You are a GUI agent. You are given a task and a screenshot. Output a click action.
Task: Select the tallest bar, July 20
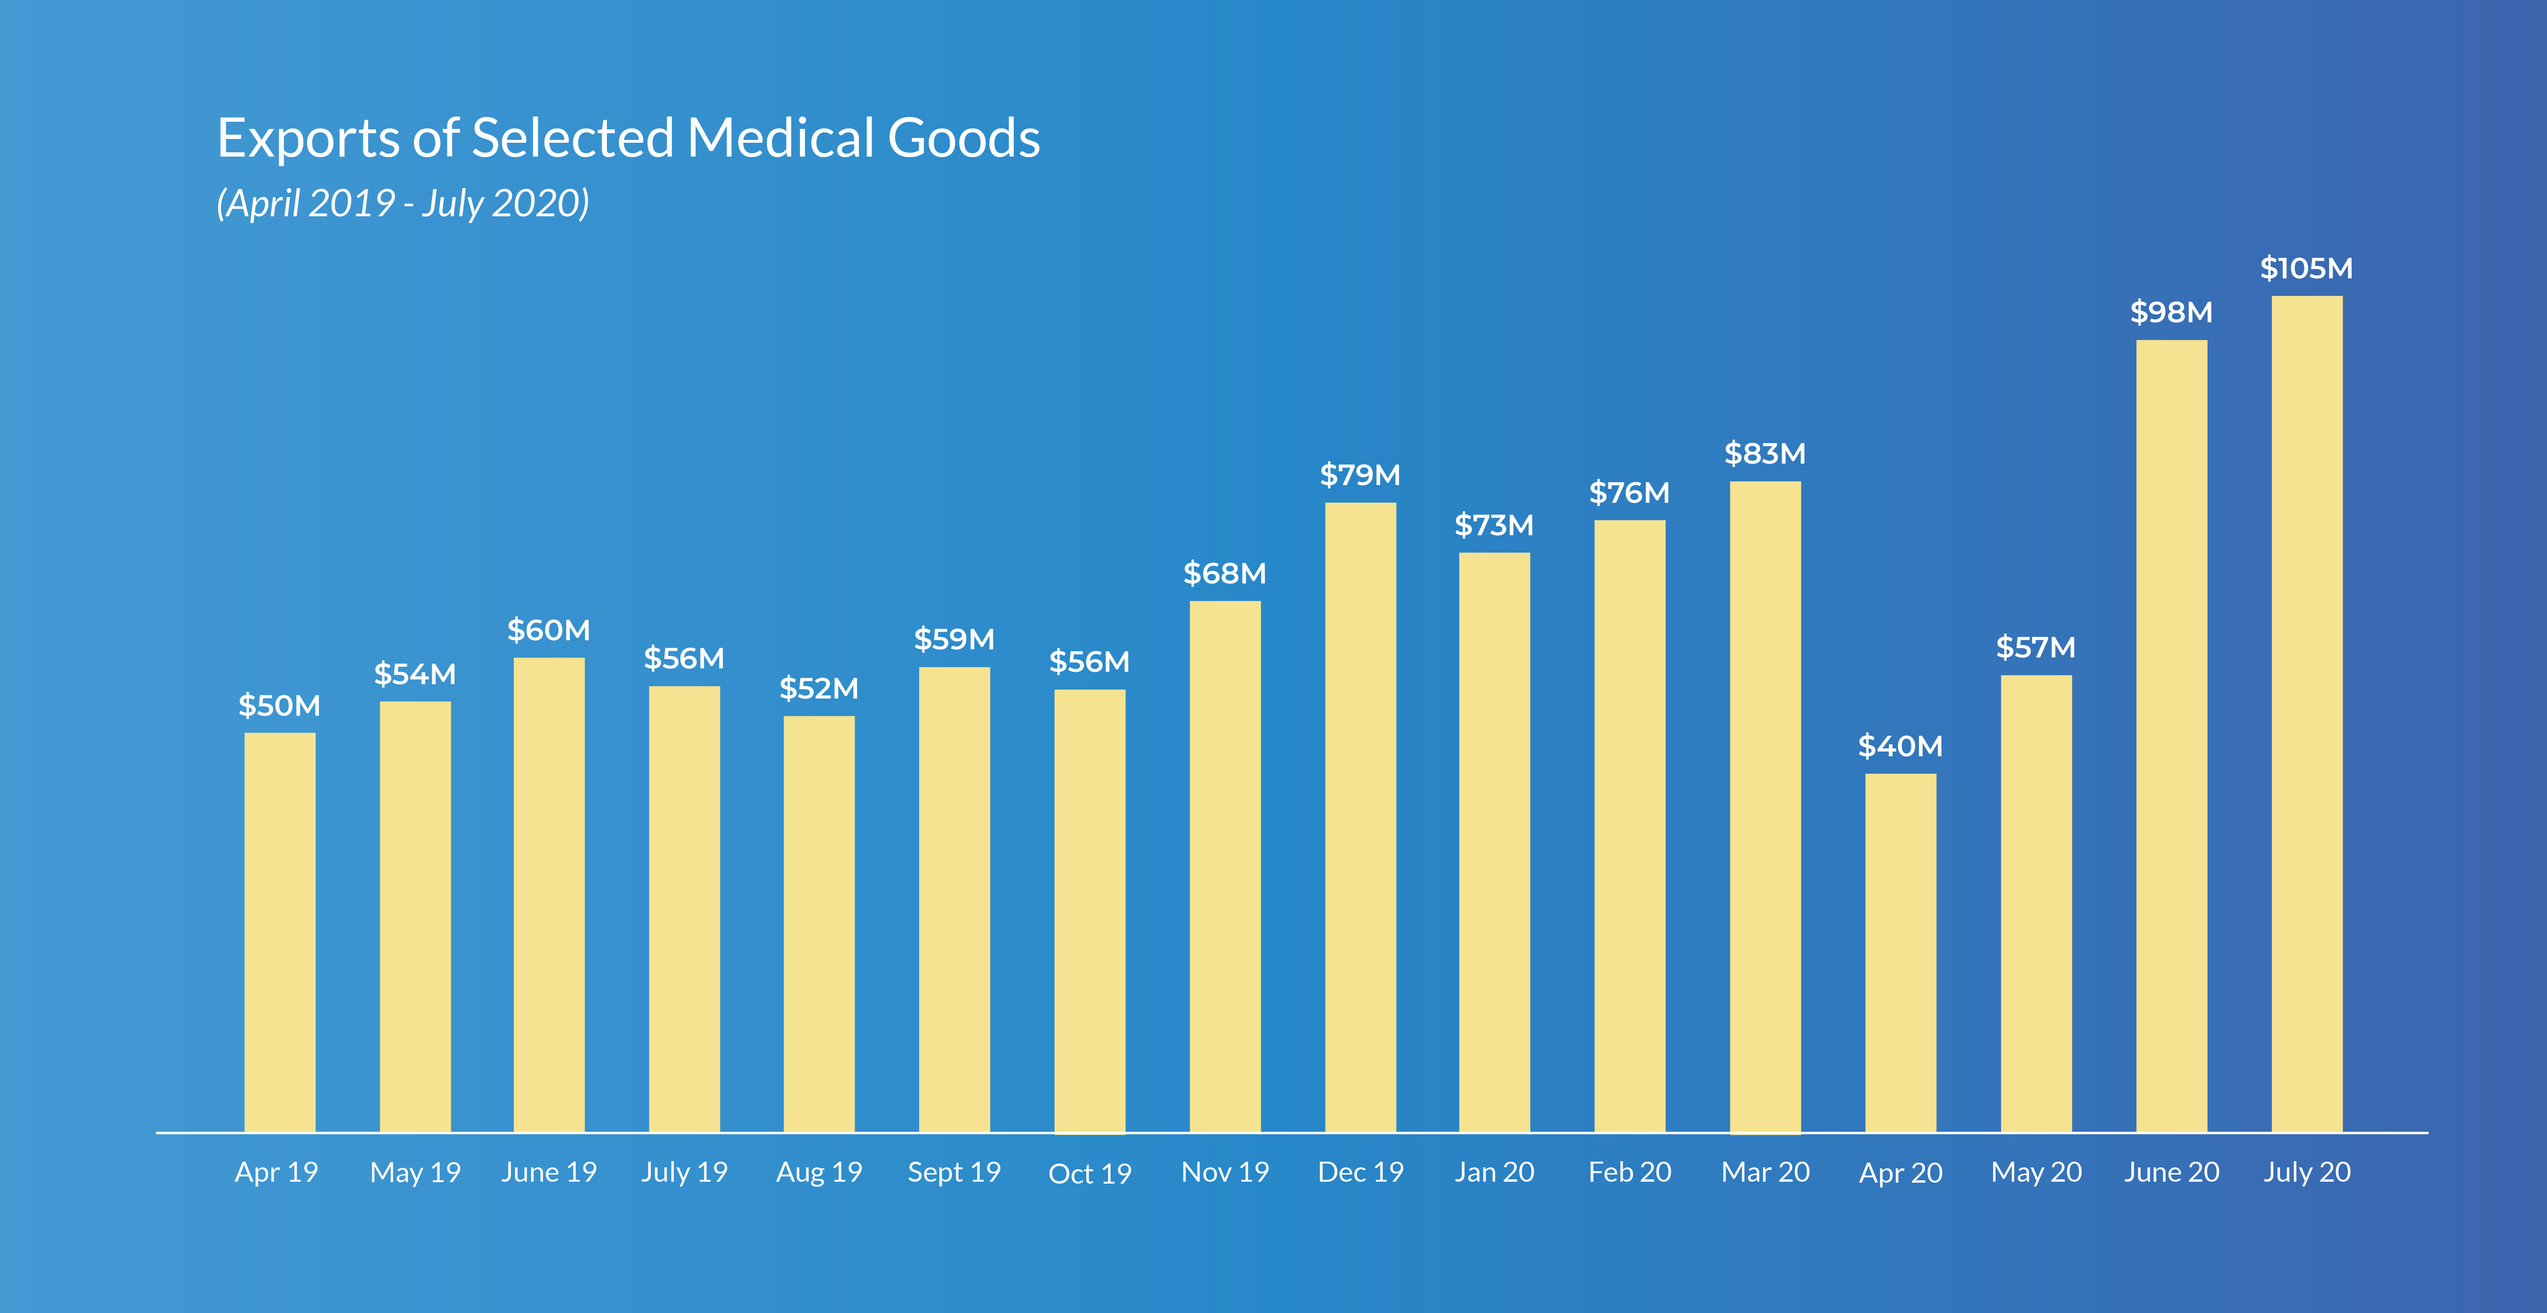(x=2307, y=714)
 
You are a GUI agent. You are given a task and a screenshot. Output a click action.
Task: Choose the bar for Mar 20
(x=1765, y=807)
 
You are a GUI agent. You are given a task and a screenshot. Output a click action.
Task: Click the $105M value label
(x=2307, y=268)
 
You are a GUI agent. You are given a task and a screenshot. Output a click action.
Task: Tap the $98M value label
(x=2171, y=312)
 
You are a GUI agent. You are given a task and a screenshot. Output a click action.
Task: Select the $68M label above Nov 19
(x=1225, y=573)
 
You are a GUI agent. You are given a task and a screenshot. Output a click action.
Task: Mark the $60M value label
(x=549, y=630)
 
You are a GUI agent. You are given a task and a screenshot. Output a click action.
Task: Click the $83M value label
(x=1765, y=454)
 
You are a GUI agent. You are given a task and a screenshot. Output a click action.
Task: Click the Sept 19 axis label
(x=954, y=1173)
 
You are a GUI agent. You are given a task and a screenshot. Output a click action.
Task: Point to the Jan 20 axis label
(x=1494, y=1173)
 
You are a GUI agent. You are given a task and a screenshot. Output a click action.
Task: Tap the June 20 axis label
(x=2171, y=1173)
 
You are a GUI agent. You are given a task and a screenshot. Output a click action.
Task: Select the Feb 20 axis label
(x=1629, y=1173)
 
